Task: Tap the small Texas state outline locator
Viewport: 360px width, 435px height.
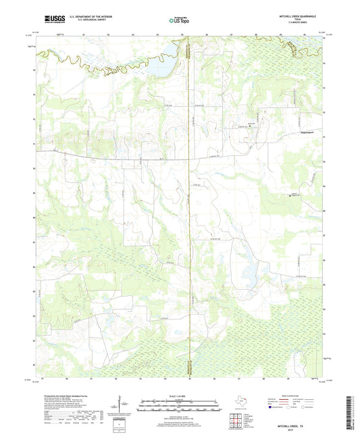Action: (x=240, y=401)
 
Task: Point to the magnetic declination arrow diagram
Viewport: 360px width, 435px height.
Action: (x=120, y=406)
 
